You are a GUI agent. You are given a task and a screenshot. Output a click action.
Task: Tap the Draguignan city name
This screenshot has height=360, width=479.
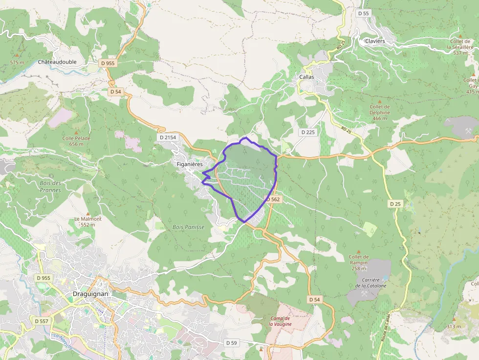click(90, 294)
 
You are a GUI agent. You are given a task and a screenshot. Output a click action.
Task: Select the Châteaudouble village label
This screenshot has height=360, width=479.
click(57, 63)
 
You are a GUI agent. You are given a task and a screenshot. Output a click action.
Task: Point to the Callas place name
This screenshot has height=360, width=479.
click(306, 77)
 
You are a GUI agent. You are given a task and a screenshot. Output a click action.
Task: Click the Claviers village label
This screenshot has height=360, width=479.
click(375, 41)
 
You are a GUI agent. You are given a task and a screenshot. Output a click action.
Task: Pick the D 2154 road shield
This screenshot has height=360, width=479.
click(168, 137)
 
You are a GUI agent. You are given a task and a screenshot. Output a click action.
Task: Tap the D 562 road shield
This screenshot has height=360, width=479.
click(273, 199)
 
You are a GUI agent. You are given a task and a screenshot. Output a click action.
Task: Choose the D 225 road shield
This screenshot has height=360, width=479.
click(308, 132)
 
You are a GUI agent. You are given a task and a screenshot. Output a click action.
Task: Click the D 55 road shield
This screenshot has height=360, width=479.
click(363, 13)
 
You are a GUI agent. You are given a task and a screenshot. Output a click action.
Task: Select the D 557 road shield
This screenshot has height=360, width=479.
click(42, 321)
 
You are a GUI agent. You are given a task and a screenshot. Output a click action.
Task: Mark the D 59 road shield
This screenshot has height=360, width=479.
click(232, 343)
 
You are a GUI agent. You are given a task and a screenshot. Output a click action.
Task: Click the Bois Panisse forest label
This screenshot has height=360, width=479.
click(188, 227)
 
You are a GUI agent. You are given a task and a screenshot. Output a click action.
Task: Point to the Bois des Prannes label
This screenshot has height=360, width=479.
click(51, 187)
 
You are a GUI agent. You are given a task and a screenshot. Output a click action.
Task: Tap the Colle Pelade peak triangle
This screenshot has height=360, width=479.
click(76, 132)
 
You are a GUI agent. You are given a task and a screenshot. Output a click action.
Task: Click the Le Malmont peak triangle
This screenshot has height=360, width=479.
click(88, 213)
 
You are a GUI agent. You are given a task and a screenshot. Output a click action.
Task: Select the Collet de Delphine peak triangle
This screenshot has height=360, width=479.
click(380, 101)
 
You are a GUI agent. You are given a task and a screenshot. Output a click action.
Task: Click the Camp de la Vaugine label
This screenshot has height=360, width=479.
click(280, 321)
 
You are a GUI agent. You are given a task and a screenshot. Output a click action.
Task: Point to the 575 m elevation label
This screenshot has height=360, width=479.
click(17, 63)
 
